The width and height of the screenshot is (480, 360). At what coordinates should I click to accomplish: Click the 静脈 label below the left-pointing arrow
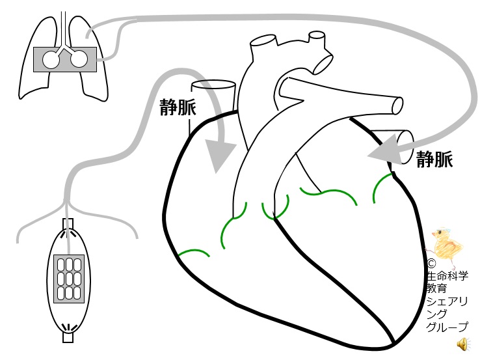pos(434,159)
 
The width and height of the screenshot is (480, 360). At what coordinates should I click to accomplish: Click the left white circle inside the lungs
pos(51,60)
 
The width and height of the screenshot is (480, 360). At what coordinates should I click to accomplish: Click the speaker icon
pos(463,344)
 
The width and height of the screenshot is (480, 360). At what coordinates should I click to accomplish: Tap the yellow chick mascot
pos(447,243)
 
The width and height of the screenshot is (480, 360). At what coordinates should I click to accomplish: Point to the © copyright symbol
pos(431,264)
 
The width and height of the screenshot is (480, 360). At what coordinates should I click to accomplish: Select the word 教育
pos(436,288)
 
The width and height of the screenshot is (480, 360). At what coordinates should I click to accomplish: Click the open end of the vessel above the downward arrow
pos(213,85)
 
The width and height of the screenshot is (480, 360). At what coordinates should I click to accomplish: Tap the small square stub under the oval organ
pos(68,338)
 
